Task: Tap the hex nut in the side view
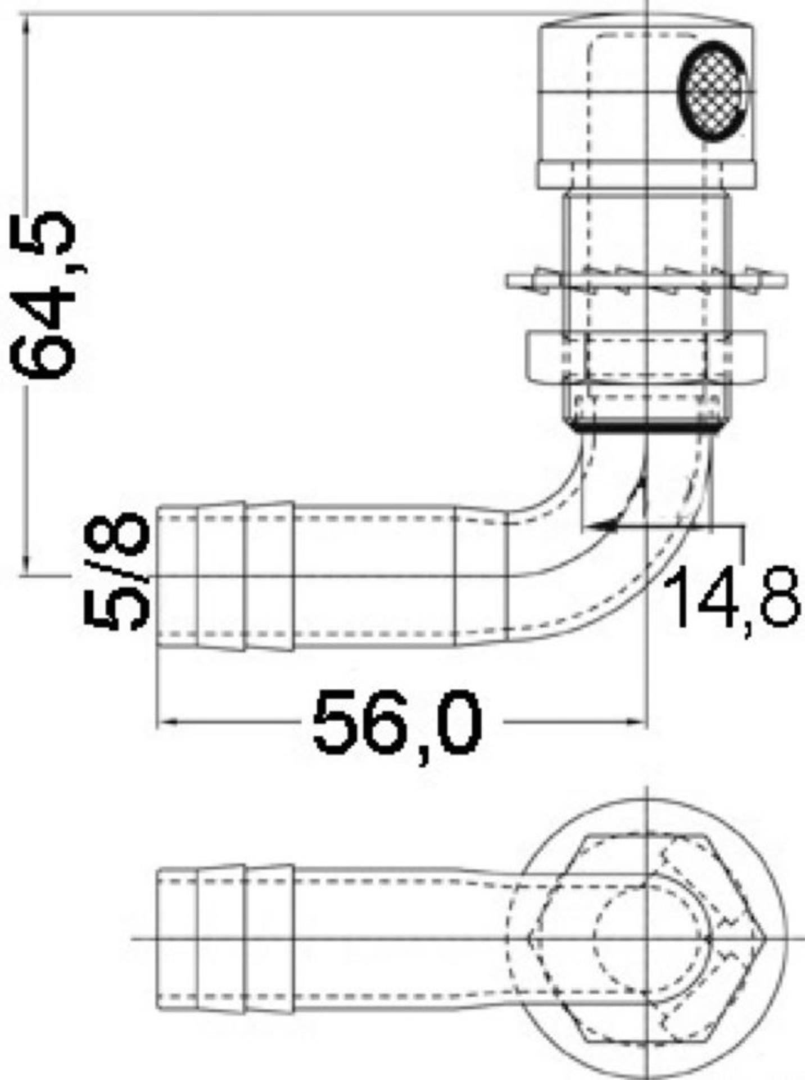point(645,357)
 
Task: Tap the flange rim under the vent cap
point(645,175)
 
